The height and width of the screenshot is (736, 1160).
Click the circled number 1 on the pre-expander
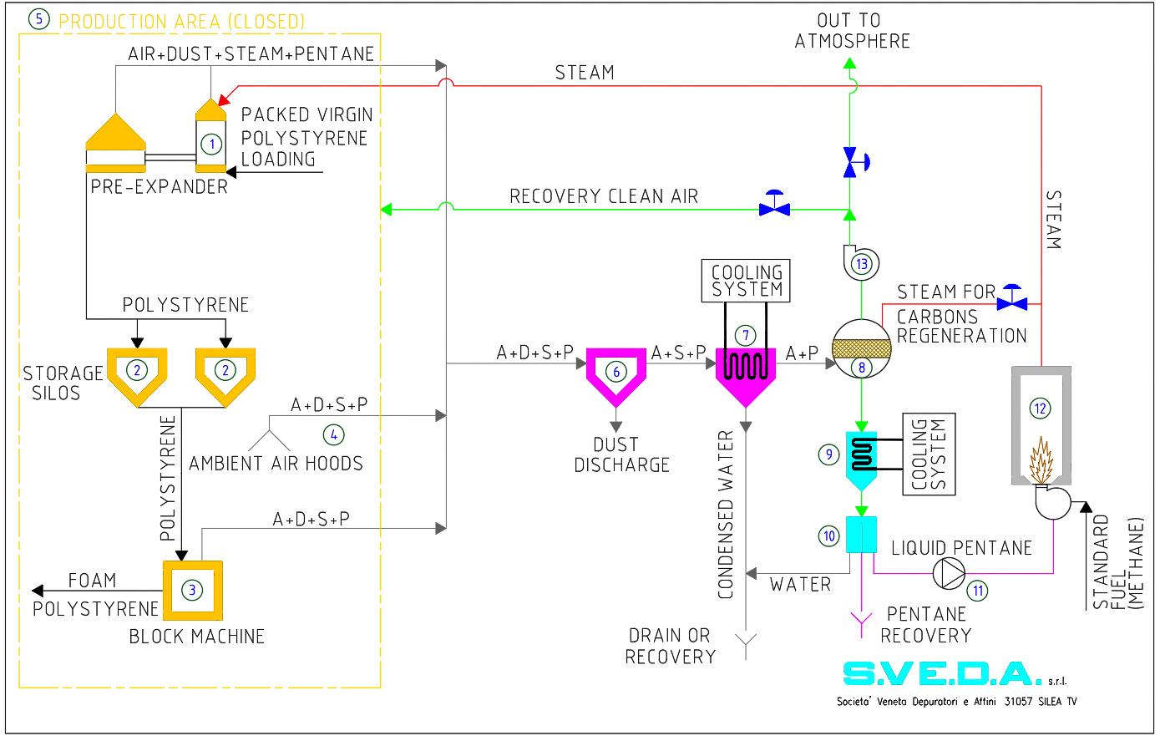coord(212,144)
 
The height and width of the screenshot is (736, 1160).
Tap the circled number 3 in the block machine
coord(192,590)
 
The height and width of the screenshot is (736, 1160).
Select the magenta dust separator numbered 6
coord(616,373)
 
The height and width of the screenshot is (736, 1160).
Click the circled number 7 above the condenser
coord(745,335)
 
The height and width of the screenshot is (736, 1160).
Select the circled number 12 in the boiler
coord(1040,409)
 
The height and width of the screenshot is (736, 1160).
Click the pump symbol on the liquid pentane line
coord(948,573)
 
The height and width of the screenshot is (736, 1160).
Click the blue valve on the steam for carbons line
coord(1013,299)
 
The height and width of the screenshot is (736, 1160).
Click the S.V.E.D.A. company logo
coord(942,673)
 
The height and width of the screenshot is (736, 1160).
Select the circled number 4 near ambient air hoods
coord(333,434)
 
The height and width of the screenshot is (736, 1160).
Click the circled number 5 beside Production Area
coord(39,19)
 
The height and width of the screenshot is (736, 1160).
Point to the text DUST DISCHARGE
coord(621,455)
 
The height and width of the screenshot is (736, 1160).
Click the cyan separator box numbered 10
coord(861,535)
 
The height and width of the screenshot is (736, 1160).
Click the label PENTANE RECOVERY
coord(925,625)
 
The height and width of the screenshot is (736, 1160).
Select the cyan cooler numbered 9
coord(861,458)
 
